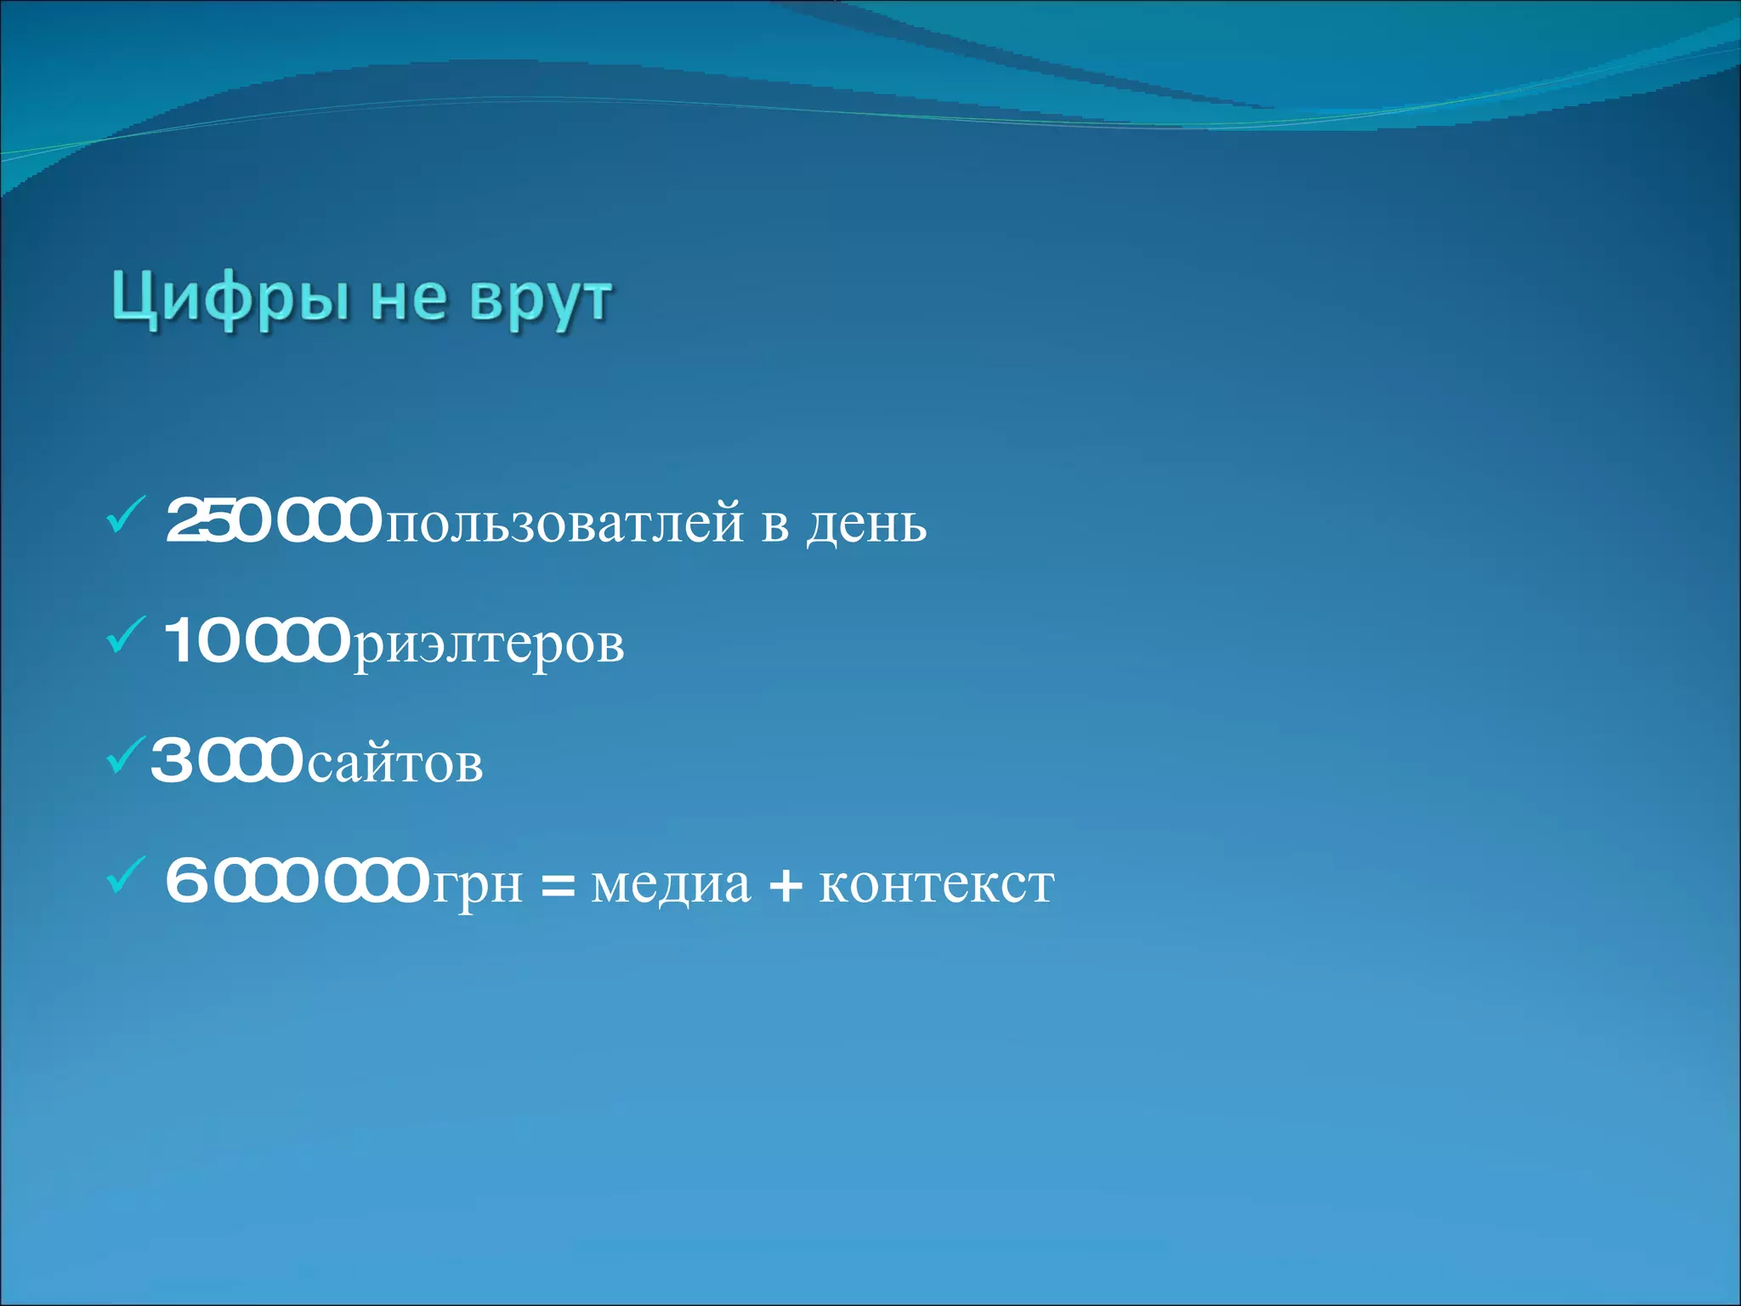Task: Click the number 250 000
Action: point(273,521)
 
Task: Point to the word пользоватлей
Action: point(565,524)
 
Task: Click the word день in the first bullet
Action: point(866,524)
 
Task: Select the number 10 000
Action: point(256,641)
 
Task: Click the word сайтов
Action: point(395,764)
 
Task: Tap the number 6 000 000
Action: point(297,882)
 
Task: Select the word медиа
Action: point(671,884)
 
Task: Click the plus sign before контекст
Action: point(785,884)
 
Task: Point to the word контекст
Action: point(936,884)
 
